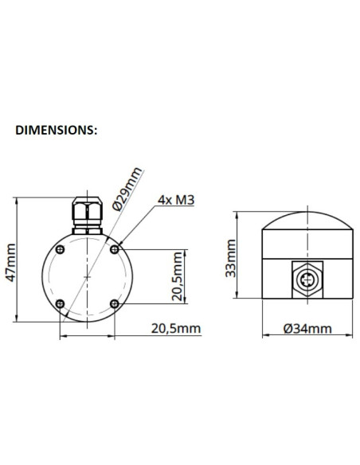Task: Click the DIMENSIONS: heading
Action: [57, 129]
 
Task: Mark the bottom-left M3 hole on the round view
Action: [61, 303]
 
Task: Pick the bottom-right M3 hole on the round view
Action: [115, 303]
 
